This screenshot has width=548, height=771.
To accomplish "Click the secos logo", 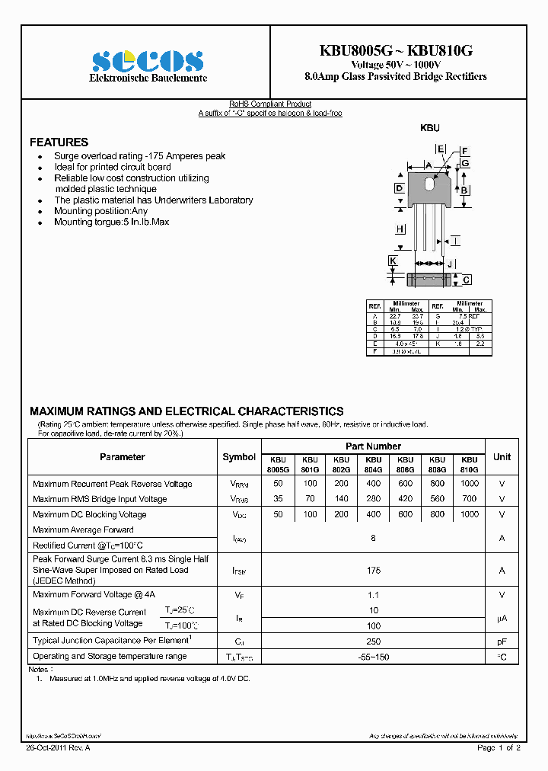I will (x=148, y=61).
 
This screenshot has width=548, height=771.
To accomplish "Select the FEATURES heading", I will (x=59, y=142).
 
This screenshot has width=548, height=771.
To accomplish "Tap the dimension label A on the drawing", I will (x=429, y=165).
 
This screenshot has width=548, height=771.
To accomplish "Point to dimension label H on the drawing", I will (x=400, y=229).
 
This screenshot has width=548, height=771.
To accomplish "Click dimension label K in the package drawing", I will (x=393, y=261).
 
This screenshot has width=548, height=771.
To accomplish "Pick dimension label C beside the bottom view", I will (x=467, y=280).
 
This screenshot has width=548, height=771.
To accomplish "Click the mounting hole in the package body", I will (x=429, y=184).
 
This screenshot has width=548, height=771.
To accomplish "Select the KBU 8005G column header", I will (x=278, y=465).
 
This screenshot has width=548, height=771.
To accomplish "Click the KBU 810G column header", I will (x=470, y=465).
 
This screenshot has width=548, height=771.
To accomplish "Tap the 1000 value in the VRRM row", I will (x=470, y=484).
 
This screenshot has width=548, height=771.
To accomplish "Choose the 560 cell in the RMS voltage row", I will (x=437, y=499).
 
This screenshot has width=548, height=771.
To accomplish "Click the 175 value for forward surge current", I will (x=373, y=570).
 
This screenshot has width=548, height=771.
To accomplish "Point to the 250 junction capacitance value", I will (x=373, y=641).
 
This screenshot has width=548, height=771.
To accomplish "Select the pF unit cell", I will (x=502, y=641).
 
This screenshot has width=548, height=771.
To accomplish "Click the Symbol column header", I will (x=239, y=457).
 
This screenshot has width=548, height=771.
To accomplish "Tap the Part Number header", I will (x=373, y=446).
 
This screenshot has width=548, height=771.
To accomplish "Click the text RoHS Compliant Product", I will (x=270, y=104).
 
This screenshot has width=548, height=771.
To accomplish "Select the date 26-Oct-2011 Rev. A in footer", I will (x=58, y=748).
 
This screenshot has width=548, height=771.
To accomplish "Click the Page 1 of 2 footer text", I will (x=499, y=748).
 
